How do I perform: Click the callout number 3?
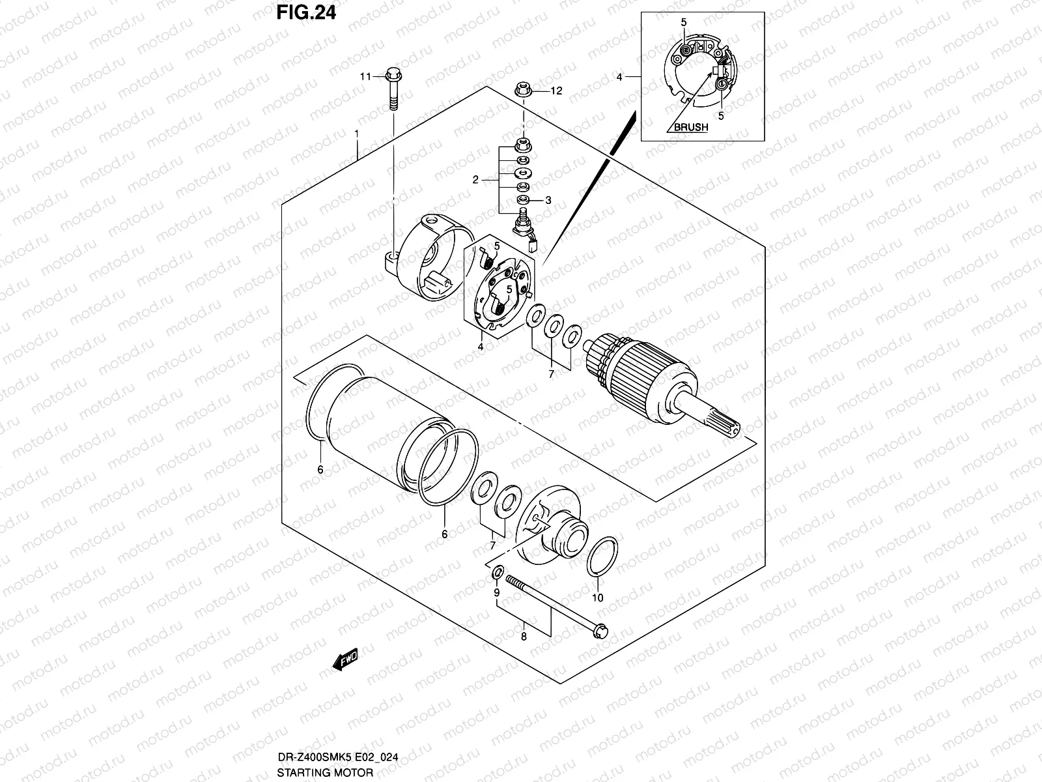coord(548,201)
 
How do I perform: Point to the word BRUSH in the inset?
coord(690,128)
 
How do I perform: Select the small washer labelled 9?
coord(496,573)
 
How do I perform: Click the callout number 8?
coord(524,637)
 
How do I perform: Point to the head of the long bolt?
coord(600,630)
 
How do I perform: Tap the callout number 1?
coord(357,133)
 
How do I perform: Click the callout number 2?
coord(476,180)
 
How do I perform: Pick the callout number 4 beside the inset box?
coord(619,77)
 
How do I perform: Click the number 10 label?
coord(598,598)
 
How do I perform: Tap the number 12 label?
coord(556,91)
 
